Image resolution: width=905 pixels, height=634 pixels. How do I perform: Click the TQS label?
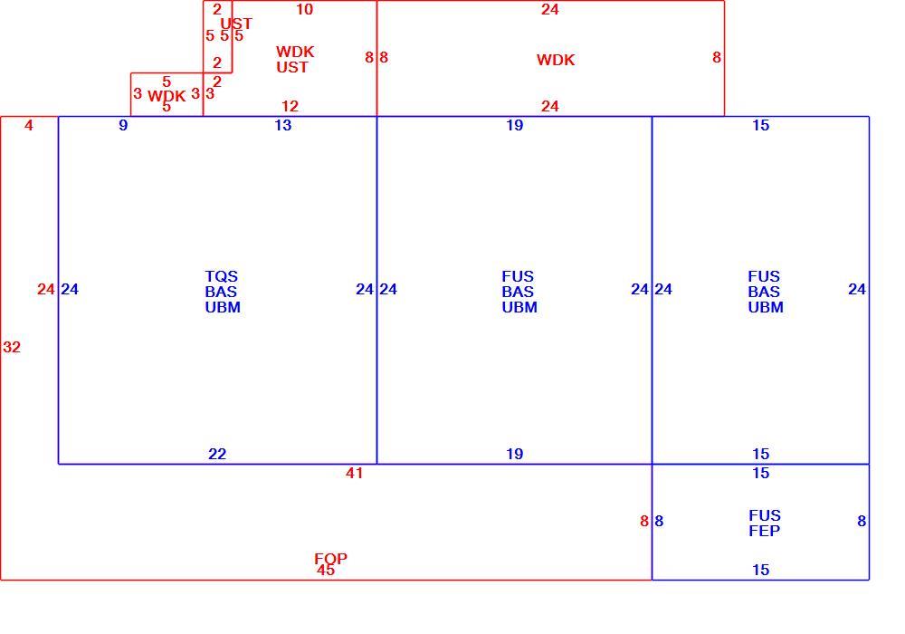(221, 276)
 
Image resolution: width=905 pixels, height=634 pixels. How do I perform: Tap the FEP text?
(764, 531)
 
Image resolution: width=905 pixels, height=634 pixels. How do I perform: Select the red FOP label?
(330, 558)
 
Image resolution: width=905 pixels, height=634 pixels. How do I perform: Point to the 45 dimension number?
(326, 570)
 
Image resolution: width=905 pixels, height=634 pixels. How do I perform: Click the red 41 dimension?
(354, 473)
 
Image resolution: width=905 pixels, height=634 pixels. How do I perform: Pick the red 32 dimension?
(12, 347)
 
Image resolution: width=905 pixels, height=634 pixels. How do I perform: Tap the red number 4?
(29, 125)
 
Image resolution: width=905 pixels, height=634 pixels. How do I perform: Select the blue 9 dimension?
(123, 125)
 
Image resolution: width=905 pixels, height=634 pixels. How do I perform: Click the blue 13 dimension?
(282, 125)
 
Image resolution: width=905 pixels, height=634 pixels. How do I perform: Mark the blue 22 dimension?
(217, 454)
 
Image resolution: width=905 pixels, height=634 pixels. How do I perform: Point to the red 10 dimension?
(304, 9)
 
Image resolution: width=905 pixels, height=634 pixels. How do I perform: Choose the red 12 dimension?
(290, 106)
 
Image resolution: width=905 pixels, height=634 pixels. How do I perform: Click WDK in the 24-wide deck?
(556, 60)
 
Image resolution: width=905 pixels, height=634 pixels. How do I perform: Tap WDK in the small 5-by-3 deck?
(167, 95)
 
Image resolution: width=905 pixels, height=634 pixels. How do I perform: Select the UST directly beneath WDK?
(292, 67)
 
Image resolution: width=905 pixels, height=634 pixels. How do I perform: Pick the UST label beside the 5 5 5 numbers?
(236, 24)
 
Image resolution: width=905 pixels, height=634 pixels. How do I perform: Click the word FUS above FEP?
(764, 515)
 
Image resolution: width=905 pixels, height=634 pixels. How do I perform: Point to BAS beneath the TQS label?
(221, 292)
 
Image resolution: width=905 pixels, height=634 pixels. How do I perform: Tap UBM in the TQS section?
(223, 307)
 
